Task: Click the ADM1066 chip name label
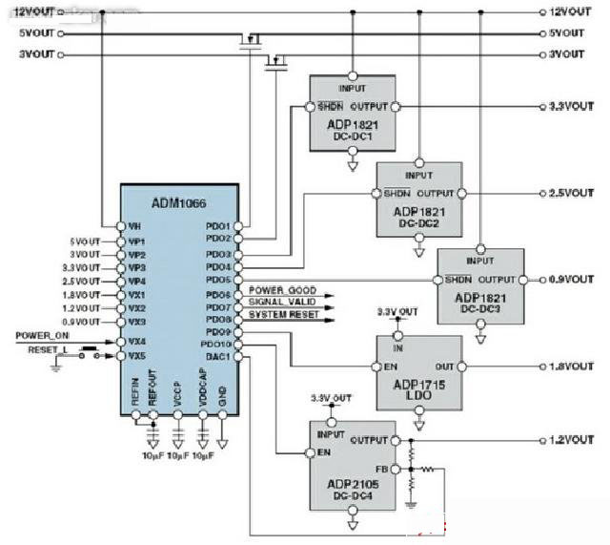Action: tap(178, 203)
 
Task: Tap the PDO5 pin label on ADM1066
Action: tap(218, 281)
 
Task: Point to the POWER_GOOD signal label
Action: tap(283, 289)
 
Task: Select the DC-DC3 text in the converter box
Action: tap(481, 310)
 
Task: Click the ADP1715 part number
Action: tap(419, 383)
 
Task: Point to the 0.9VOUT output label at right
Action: tap(571, 279)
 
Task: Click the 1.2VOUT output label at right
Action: tap(571, 440)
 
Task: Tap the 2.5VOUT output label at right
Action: tap(571, 192)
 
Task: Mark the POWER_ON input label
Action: tap(41, 336)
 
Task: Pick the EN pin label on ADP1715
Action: tap(389, 367)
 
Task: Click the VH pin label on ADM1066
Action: tap(134, 226)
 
